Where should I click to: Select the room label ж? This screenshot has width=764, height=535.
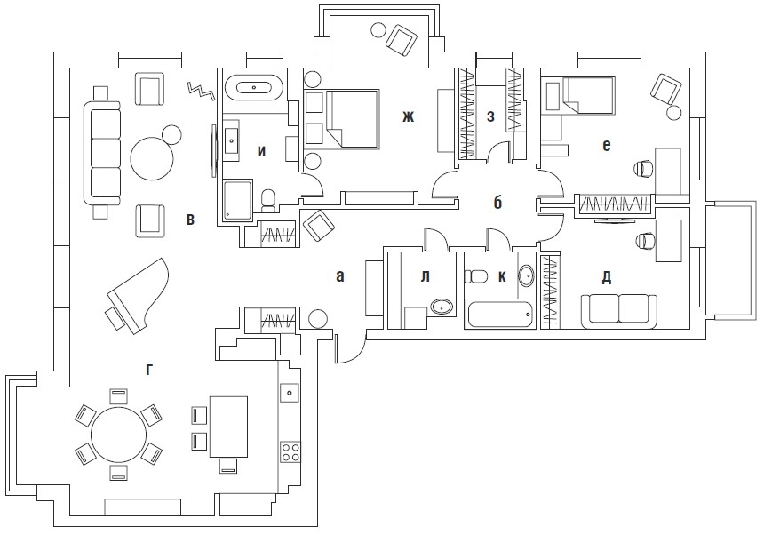(408, 116)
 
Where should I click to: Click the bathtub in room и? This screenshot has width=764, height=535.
(254, 88)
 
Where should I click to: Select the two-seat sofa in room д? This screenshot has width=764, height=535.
(619, 310)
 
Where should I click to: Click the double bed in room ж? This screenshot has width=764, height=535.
(354, 119)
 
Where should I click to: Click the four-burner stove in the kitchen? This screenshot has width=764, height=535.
(290, 451)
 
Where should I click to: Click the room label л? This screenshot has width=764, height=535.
(425, 277)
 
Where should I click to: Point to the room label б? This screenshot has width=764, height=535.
(497, 203)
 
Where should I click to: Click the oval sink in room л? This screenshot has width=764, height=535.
(442, 307)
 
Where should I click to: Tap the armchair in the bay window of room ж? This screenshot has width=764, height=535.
(402, 40)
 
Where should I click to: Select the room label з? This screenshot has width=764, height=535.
(490, 116)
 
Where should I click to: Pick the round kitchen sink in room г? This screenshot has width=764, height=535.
(289, 392)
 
